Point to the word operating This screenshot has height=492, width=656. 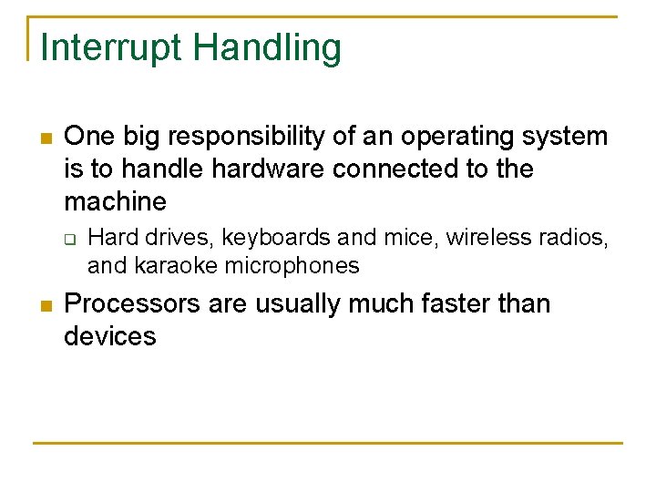click(458, 137)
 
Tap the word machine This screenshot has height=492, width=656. click(115, 201)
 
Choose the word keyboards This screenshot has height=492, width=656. click(276, 238)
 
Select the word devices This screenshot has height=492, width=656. click(110, 336)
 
